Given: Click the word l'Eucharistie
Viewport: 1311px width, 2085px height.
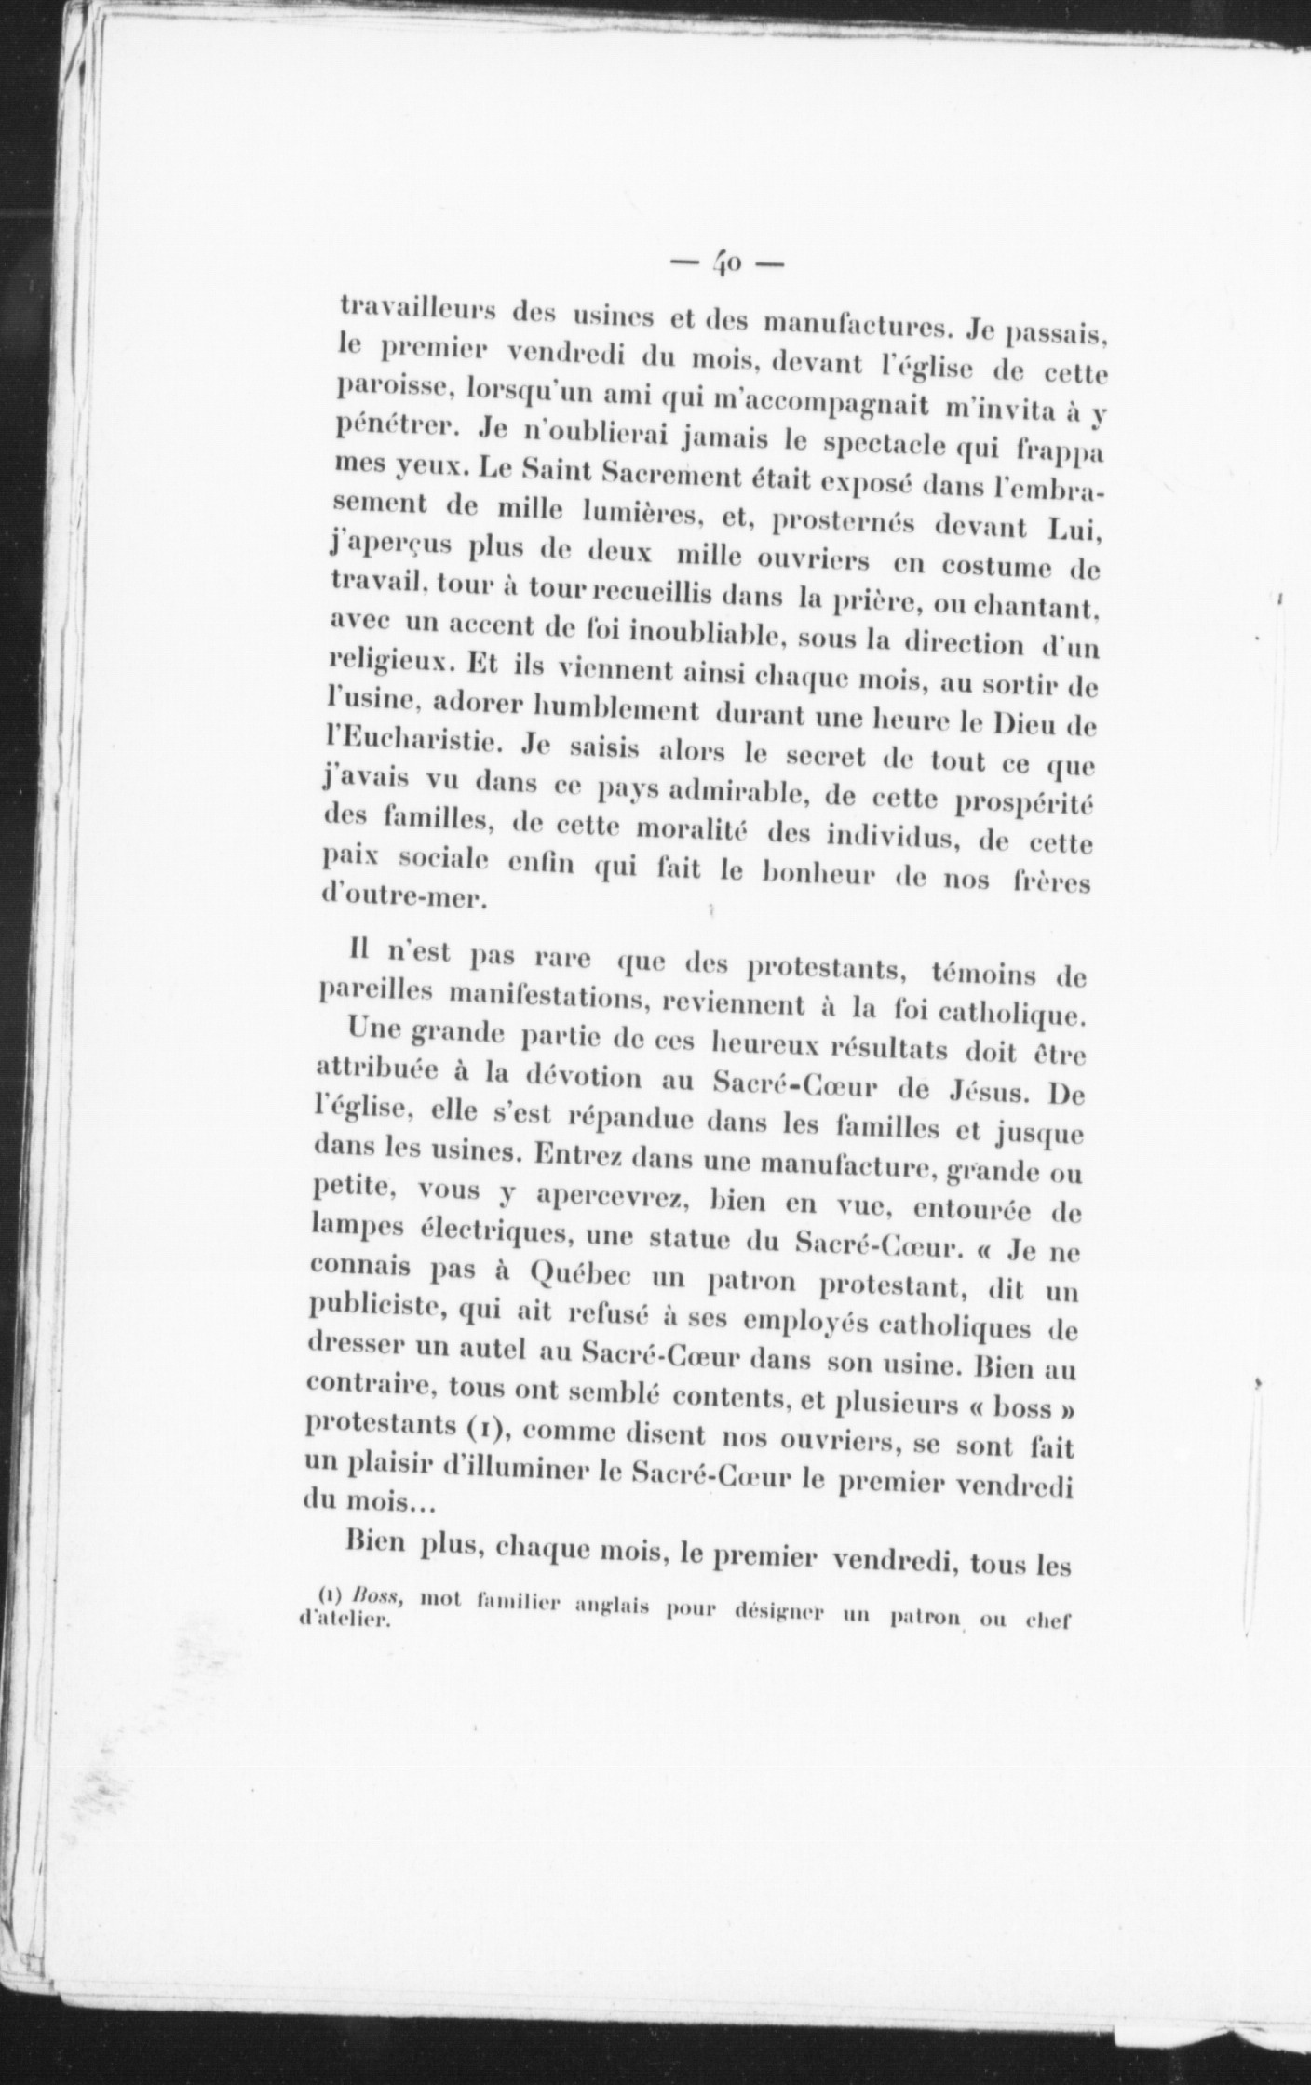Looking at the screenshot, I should point(416,745).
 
